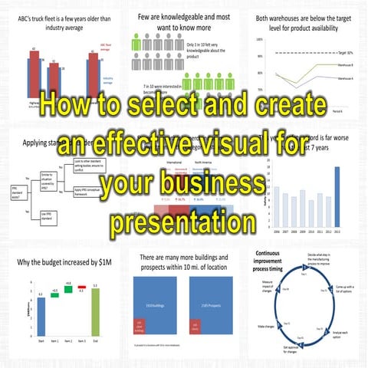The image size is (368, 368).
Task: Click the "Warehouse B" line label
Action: tap(346, 66)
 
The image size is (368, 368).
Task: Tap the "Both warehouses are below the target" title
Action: tap(305, 21)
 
